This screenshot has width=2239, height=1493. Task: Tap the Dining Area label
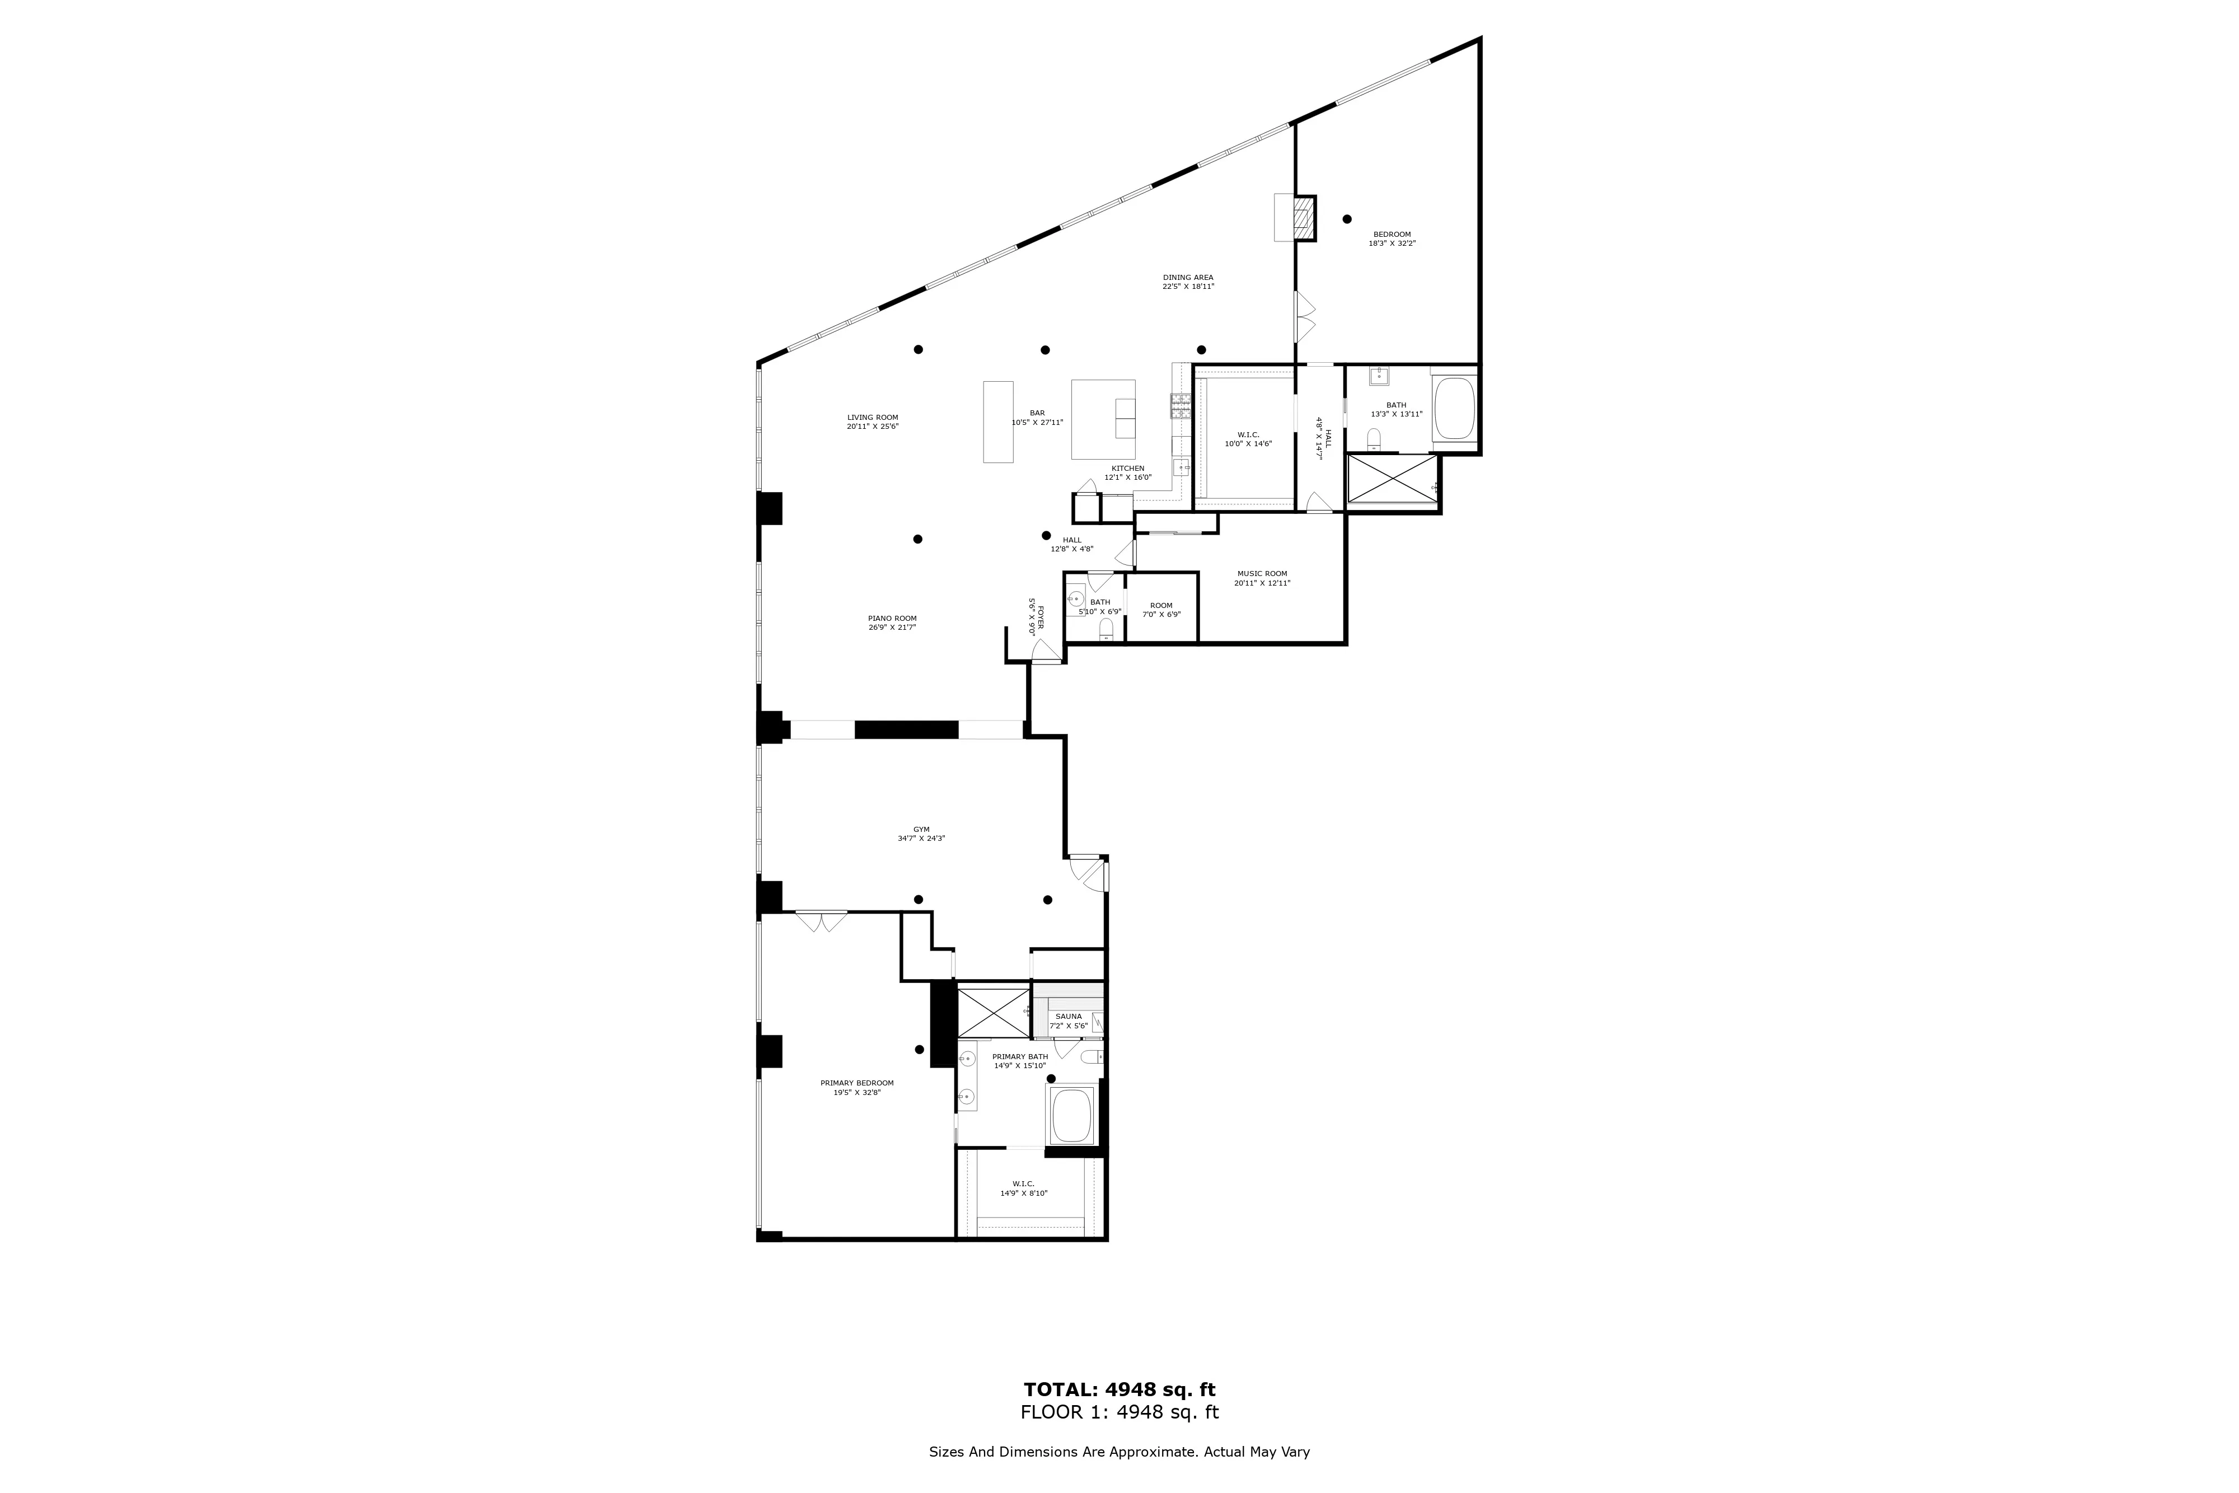(1187, 282)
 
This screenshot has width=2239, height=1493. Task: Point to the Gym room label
(921, 834)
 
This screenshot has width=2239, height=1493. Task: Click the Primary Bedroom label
(857, 1087)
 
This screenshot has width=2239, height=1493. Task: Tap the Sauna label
(1068, 1021)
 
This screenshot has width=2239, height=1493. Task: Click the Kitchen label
(1127, 472)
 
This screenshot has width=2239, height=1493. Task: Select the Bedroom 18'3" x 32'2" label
(1391, 238)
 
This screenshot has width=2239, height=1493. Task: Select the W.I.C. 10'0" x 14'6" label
(1248, 439)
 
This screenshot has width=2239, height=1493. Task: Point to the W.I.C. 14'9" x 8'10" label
(1023, 1188)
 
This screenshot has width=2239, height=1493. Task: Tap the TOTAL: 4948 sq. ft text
(1119, 1389)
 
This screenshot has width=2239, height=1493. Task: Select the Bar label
(1037, 417)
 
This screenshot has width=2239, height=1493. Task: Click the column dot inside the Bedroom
(1346, 219)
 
